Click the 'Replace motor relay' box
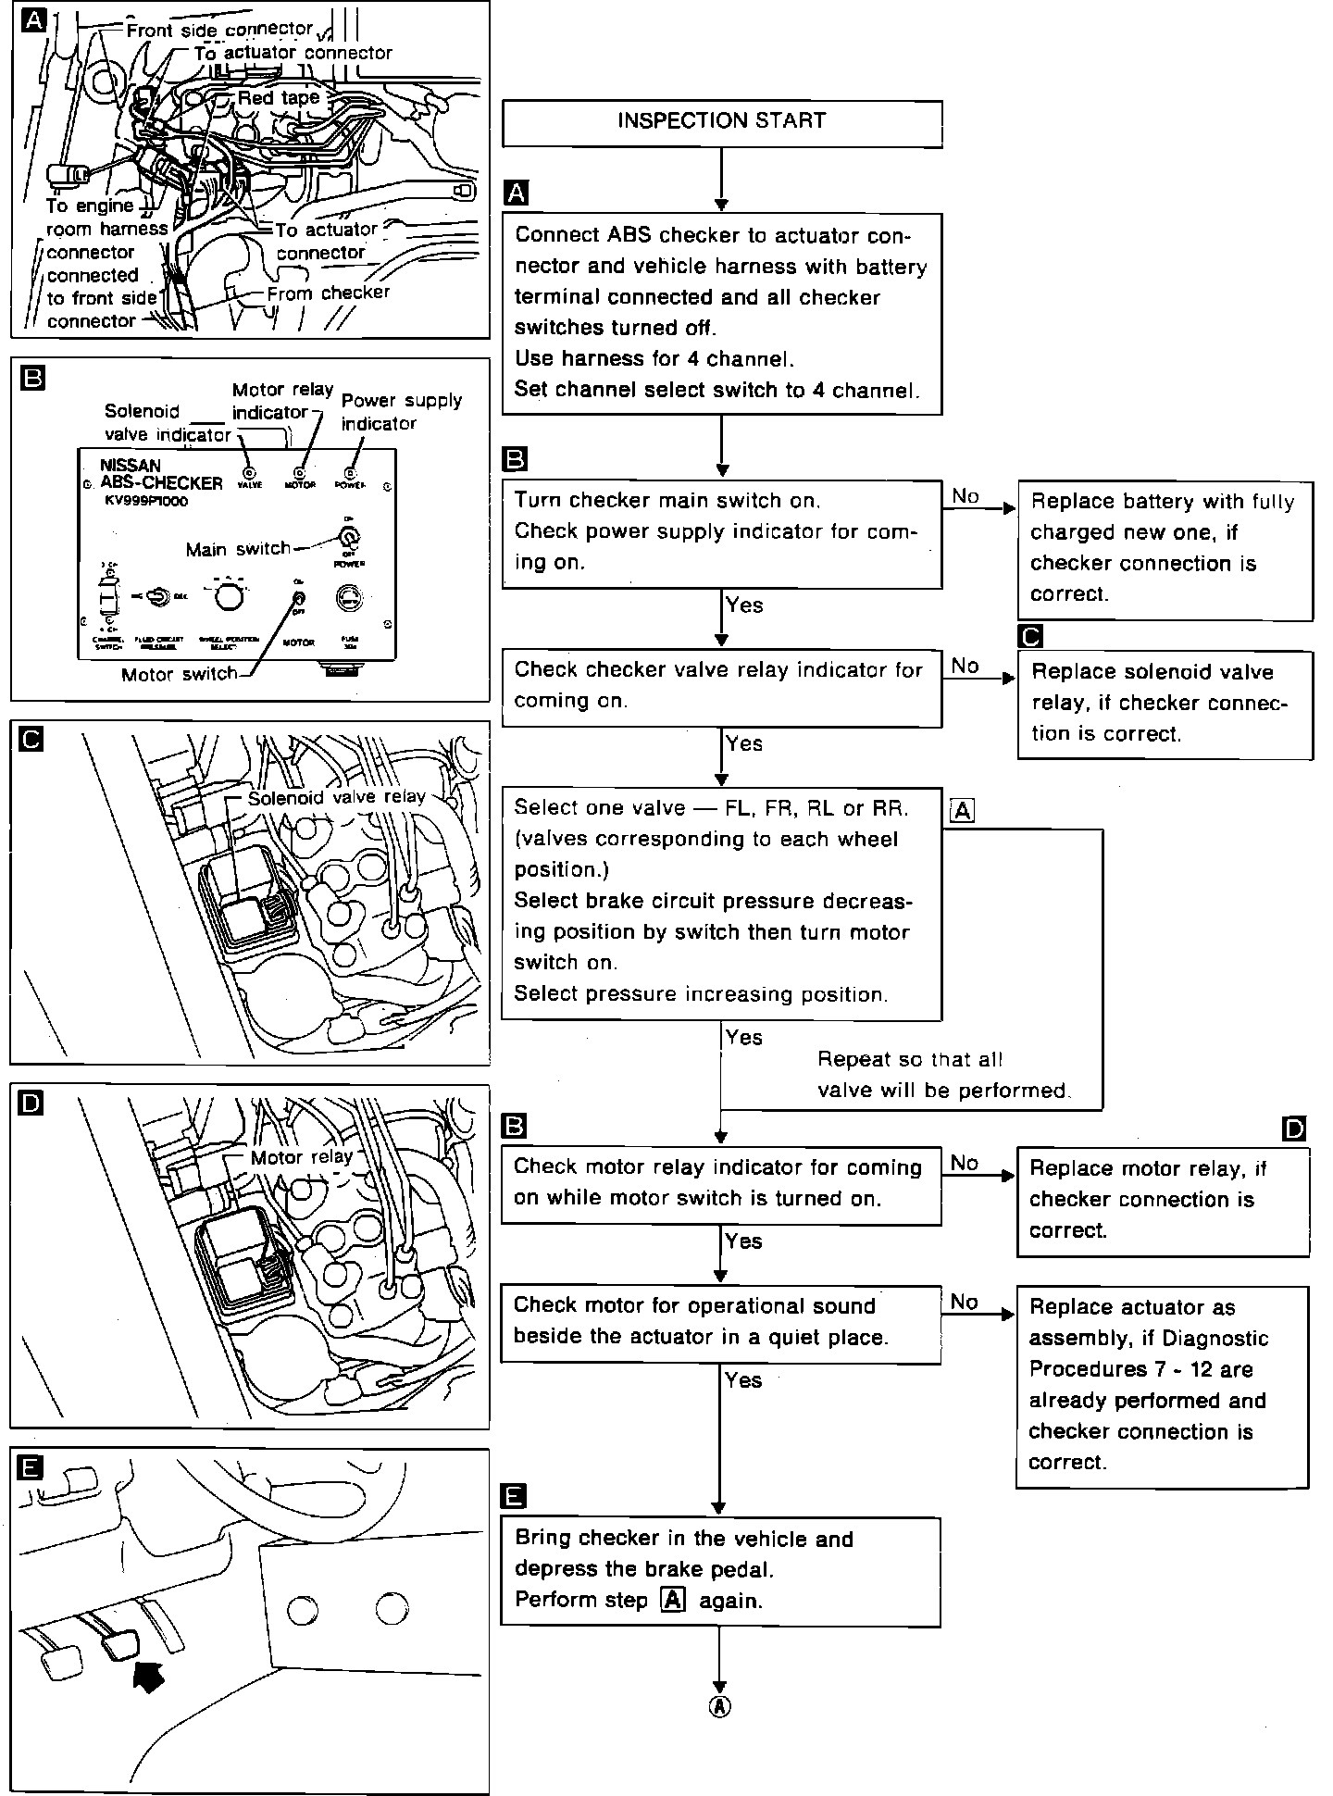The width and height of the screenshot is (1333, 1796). (x=1162, y=1200)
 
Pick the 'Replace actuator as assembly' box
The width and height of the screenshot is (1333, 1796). (x=1161, y=1385)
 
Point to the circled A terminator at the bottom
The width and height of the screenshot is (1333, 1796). (x=719, y=1707)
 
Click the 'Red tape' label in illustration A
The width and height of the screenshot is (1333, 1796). (x=278, y=98)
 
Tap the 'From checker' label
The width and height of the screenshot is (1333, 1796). (x=329, y=293)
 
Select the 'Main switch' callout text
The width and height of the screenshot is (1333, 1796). (x=238, y=549)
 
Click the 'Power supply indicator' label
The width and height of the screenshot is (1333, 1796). (x=401, y=412)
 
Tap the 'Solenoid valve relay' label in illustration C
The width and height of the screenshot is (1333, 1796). (x=336, y=797)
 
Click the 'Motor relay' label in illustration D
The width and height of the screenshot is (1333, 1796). (x=302, y=1157)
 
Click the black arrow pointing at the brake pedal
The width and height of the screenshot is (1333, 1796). (x=148, y=1675)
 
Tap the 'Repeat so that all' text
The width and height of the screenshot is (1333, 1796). (x=909, y=1059)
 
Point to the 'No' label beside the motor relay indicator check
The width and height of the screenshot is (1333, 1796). (x=964, y=1163)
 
